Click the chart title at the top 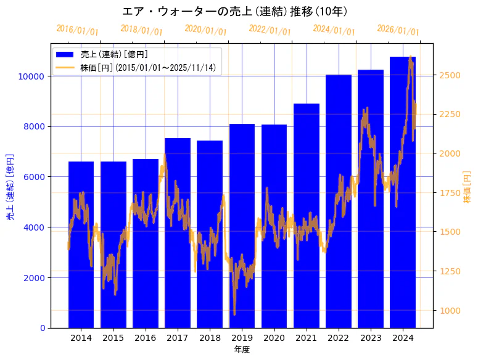(x=235, y=12)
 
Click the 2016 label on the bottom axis (x=146, y=338)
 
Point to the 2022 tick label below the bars (x=339, y=338)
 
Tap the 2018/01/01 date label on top (x=142, y=30)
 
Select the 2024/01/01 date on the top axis (x=334, y=30)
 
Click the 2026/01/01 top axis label (x=398, y=30)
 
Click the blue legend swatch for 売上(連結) (x=65, y=54)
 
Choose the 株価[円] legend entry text (x=148, y=67)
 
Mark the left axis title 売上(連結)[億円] (x=10, y=187)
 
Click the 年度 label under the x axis (x=242, y=350)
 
